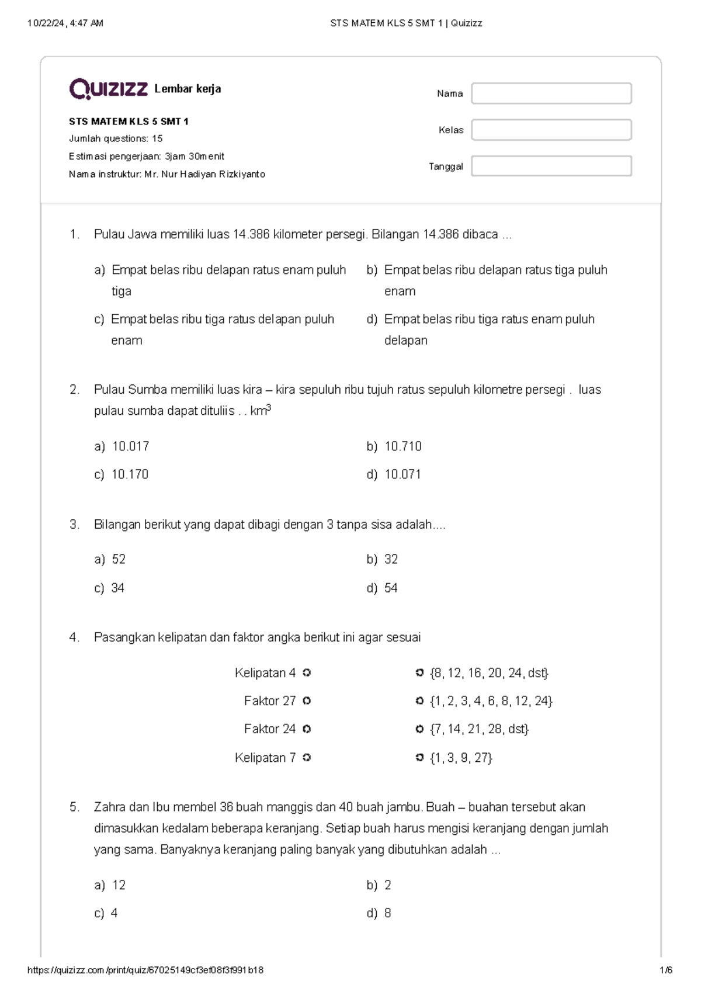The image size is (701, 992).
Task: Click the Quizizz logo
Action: tap(108, 89)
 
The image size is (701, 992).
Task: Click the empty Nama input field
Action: tap(551, 93)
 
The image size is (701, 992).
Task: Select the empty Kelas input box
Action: tap(551, 130)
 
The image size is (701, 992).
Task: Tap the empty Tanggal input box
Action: tap(551, 167)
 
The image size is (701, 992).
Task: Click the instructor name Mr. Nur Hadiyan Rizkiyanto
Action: tap(204, 174)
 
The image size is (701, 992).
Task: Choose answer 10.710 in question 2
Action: tap(403, 446)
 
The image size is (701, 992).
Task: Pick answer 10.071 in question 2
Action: tap(402, 474)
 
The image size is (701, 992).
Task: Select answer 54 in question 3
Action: tap(391, 588)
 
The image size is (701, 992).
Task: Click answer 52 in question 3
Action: tap(119, 560)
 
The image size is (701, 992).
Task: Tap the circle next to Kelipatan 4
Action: tap(307, 673)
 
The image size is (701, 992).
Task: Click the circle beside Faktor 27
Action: tap(307, 701)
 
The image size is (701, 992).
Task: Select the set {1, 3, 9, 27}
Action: tap(461, 758)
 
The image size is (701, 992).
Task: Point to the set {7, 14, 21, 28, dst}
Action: tap(479, 729)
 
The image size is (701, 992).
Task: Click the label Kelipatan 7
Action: tap(265, 758)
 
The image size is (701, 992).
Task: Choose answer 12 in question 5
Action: tap(119, 885)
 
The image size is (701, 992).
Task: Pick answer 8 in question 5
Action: tap(388, 913)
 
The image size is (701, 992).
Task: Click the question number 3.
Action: tap(74, 525)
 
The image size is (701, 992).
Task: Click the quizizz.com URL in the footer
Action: tap(145, 970)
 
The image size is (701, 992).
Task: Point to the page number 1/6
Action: tap(665, 970)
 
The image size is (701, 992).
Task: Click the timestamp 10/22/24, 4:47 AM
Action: tap(65, 23)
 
